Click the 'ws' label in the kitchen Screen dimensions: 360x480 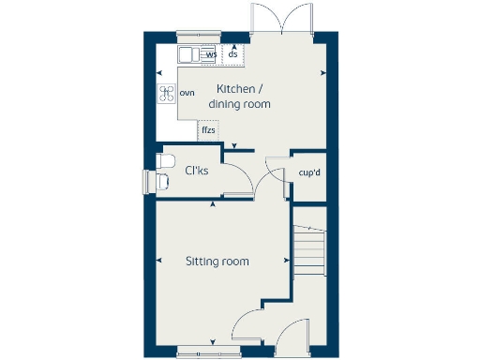pos(211,54)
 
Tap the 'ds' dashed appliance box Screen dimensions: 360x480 pos(232,53)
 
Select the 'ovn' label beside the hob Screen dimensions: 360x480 pos(187,92)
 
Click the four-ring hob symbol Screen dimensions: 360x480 pos(167,92)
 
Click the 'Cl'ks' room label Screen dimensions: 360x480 pos(197,172)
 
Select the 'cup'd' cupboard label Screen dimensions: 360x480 pos(310,173)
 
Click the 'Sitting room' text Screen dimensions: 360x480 pos(217,262)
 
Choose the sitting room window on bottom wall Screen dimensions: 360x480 pos(202,352)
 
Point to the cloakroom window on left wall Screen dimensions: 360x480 pos(146,180)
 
